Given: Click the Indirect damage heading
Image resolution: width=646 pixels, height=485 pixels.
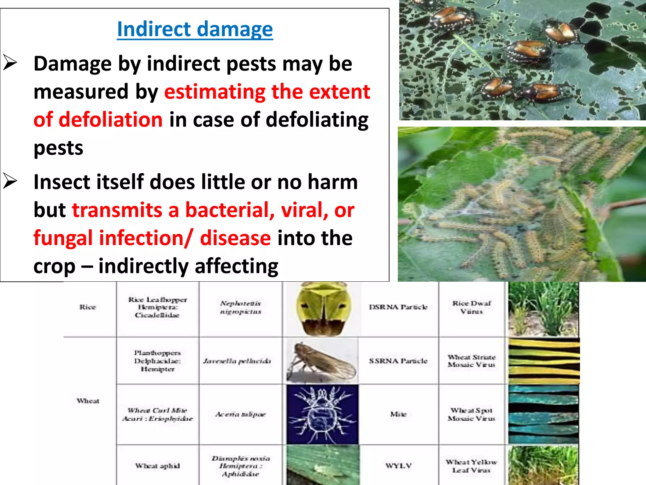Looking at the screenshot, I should click(x=195, y=29).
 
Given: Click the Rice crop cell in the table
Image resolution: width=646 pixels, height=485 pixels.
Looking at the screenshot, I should click(x=87, y=307).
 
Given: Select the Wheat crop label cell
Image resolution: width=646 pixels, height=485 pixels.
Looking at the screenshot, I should click(x=88, y=401).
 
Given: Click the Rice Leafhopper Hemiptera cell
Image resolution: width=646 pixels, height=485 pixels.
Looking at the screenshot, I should click(x=157, y=307).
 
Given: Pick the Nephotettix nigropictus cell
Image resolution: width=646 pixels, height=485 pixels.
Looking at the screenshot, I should click(x=240, y=307).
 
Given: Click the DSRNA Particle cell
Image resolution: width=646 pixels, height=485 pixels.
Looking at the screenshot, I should click(x=398, y=307).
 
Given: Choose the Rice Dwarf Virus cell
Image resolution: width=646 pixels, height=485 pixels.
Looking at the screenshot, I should click(x=472, y=307).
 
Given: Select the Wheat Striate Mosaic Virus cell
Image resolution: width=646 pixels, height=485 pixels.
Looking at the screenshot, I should click(x=472, y=361).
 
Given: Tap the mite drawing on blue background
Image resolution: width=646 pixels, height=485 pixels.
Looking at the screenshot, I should click(x=322, y=414).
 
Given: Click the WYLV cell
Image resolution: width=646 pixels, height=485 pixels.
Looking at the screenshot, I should click(x=398, y=466).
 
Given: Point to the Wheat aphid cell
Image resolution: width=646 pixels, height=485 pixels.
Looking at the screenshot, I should click(x=157, y=466).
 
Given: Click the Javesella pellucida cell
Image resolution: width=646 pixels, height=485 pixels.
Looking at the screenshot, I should click(x=237, y=361).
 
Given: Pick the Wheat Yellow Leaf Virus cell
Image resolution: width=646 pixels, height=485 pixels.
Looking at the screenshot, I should click(x=472, y=466).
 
